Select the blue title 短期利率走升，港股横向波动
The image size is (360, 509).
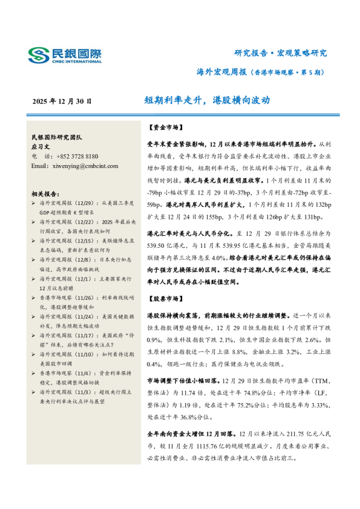click(x=207, y=100)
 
